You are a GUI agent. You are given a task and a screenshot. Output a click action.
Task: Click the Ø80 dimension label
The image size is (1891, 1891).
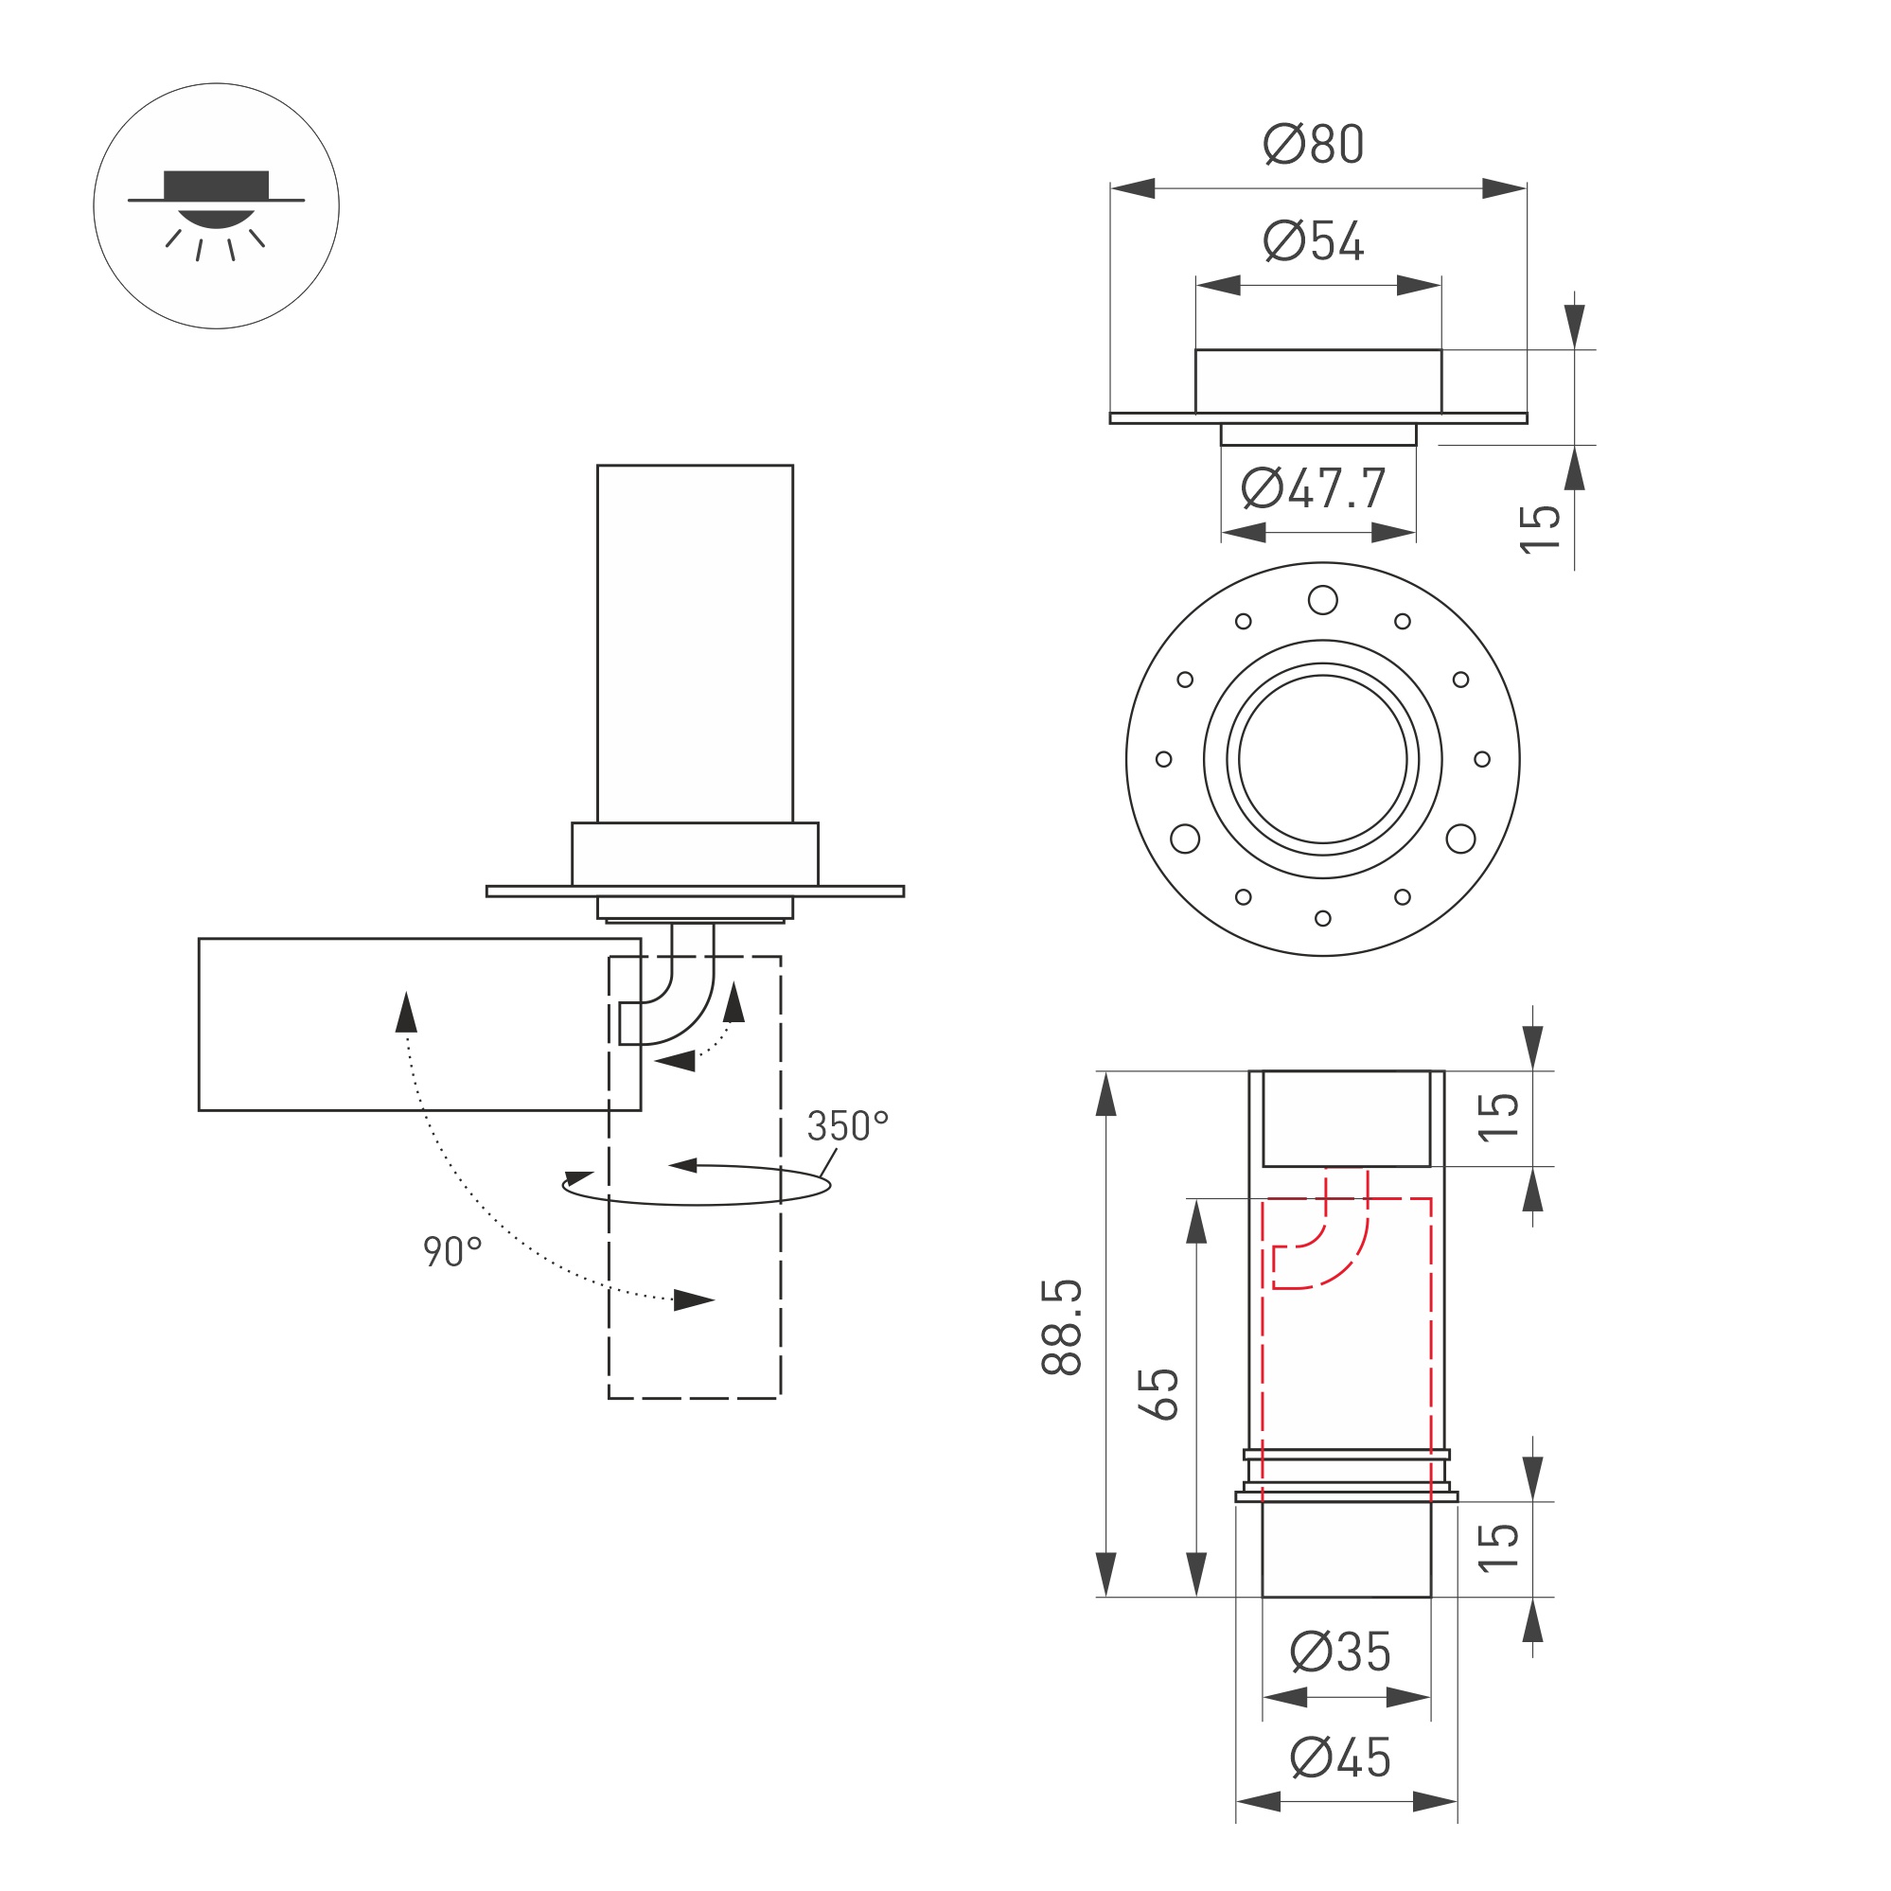pos(1313,145)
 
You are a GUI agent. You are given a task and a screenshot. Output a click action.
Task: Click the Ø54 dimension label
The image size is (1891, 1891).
pos(1313,241)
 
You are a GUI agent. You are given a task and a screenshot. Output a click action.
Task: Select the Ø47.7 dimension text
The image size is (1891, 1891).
pos(1313,488)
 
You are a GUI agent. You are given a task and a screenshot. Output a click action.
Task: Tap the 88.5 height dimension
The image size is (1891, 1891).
pos(1062,1327)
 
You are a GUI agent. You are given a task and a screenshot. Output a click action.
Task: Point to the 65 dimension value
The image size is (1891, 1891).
pos(1158,1394)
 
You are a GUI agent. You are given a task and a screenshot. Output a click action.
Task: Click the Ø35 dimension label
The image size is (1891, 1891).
pos(1340,1652)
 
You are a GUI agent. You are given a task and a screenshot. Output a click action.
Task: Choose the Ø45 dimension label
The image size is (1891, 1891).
pos(1340,1758)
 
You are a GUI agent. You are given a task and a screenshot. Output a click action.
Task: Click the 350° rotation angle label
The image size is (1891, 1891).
pos(847,1126)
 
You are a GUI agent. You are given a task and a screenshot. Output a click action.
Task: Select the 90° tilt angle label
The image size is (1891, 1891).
pos(451,1252)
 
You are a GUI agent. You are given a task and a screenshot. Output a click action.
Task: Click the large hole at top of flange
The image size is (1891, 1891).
pos(1322,600)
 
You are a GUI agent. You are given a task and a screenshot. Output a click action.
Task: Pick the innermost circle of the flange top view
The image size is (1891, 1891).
pos(1322,758)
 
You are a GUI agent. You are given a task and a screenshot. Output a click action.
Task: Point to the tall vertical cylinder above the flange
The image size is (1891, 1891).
pos(695,643)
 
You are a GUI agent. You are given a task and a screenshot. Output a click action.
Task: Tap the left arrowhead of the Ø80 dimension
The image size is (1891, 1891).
pos(1133,188)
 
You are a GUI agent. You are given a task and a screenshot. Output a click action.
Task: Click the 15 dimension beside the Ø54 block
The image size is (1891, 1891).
pos(1541,529)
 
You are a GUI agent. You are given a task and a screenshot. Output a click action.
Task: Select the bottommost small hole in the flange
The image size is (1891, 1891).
pos(1322,918)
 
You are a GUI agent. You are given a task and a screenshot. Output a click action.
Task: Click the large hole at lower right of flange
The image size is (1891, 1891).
pos(1460,839)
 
